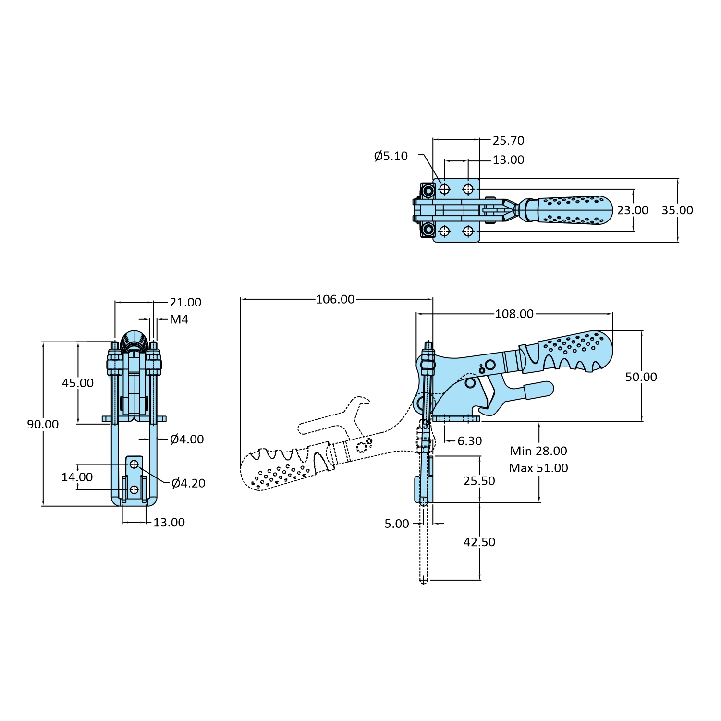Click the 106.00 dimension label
[335, 299]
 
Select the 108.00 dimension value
[514, 314]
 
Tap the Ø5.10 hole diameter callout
[391, 156]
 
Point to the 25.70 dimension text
[508, 141]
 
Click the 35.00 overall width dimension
[677, 210]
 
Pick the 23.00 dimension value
[633, 210]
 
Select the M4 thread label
[179, 319]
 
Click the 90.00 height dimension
[43, 424]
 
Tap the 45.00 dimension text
[78, 383]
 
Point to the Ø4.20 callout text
[188, 483]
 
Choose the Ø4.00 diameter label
[187, 439]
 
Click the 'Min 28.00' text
[538, 451]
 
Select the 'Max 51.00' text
[538, 468]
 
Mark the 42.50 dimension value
[479, 542]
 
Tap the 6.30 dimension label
[469, 441]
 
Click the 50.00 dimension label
[641, 377]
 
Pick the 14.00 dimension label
[77, 477]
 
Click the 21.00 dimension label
[185, 303]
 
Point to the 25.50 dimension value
[479, 481]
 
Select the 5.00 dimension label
[397, 524]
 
